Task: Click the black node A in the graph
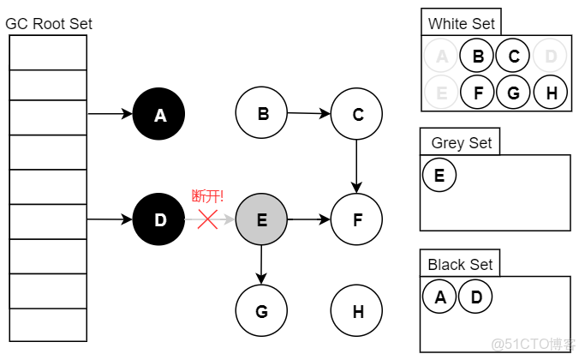click(x=159, y=114)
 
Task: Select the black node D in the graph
click(x=159, y=220)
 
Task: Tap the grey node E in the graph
click(x=261, y=220)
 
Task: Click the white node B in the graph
click(x=262, y=113)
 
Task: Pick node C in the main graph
click(x=357, y=114)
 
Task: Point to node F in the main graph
click(x=357, y=220)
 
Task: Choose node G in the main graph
click(x=261, y=311)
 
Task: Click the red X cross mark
click(x=207, y=219)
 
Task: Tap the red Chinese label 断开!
click(x=207, y=197)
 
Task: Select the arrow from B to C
click(x=309, y=113)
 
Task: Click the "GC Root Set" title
click(x=49, y=24)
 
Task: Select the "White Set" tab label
click(x=461, y=23)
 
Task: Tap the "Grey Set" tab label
click(x=461, y=142)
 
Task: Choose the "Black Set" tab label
click(x=460, y=265)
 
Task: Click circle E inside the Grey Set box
click(x=439, y=176)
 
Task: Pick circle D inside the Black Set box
click(x=475, y=297)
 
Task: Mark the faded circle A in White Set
click(x=441, y=57)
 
